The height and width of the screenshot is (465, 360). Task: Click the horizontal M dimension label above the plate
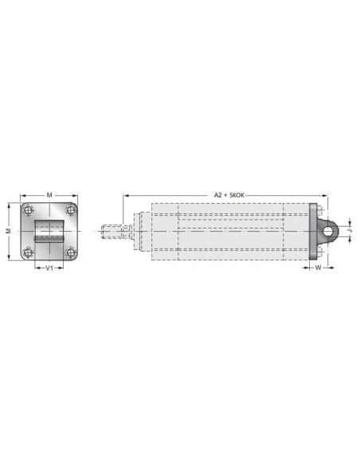(x=49, y=195)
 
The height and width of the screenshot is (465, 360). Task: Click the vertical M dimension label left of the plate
(x=9, y=231)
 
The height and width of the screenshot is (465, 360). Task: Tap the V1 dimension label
(x=49, y=268)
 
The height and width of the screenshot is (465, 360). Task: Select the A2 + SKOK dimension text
(x=229, y=195)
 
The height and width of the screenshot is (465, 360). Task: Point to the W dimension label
(x=318, y=268)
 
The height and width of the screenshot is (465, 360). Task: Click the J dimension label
(x=350, y=230)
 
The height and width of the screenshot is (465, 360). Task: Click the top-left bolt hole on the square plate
(x=28, y=210)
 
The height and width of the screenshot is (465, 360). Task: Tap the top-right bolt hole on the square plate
(x=71, y=210)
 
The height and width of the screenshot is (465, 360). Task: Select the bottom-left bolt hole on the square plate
(x=28, y=252)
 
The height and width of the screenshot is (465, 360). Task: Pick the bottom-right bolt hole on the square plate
(x=71, y=252)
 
